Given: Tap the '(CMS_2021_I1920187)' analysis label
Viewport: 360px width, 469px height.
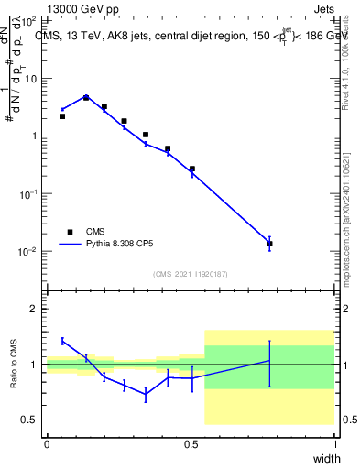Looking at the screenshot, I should [x=190, y=274].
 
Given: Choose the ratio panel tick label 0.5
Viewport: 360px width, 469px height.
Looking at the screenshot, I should [x=32, y=420].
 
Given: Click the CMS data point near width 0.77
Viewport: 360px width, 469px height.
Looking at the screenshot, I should [x=269, y=244].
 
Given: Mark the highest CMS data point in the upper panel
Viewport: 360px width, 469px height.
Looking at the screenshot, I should [x=86, y=97].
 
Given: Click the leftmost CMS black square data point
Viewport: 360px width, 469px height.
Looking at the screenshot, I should [x=62, y=116].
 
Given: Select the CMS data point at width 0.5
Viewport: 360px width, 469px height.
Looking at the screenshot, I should [x=192, y=169].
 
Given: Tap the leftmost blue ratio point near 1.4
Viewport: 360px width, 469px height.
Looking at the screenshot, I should [x=62, y=341].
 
